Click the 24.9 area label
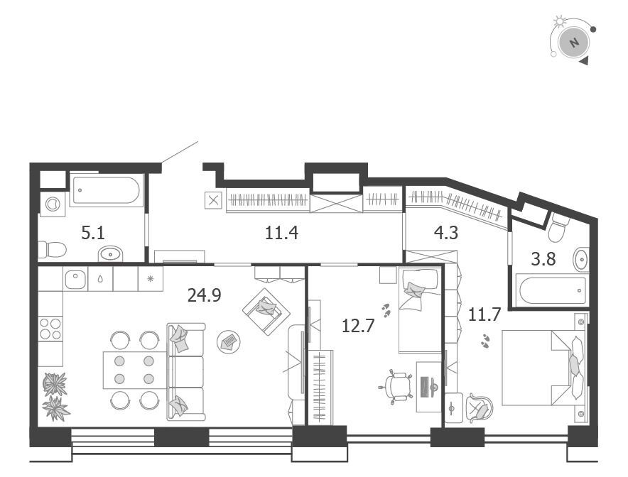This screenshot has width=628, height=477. click(205, 295)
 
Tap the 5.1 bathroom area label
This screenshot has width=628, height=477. click(93, 233)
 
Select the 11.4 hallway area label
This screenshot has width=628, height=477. click(281, 233)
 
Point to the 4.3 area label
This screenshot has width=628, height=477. click(446, 233)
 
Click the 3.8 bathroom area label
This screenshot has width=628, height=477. click(543, 259)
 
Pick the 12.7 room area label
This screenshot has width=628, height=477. click(358, 325)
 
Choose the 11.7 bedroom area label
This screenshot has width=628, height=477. click(484, 315)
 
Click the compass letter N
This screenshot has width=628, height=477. click(574, 43)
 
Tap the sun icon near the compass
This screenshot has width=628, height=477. click(558, 21)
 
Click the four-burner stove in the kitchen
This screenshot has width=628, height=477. click(50, 328)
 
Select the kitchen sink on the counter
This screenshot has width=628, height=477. click(75, 279)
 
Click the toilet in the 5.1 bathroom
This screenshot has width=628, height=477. click(52, 250)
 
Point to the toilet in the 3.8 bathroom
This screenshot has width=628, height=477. click(557, 227)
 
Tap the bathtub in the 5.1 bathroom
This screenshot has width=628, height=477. click(107, 190)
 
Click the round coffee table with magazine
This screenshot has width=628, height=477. click(229, 341)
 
